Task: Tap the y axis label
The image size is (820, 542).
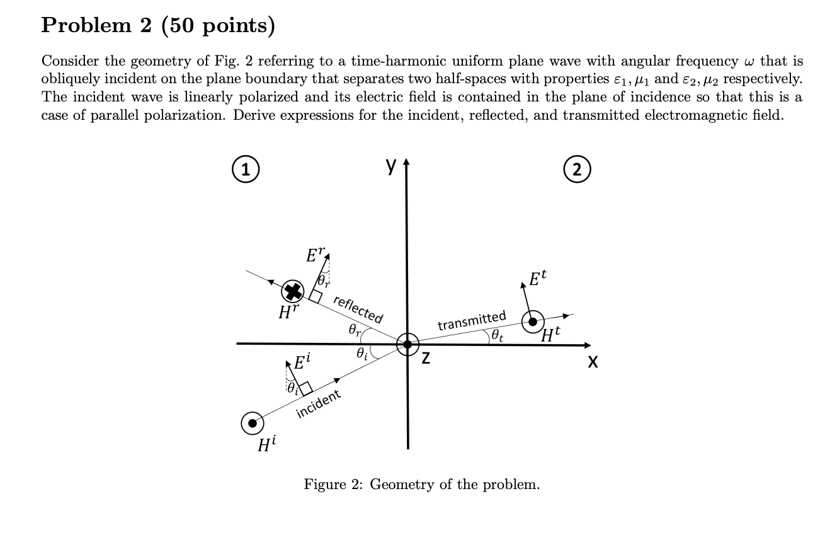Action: [x=392, y=166]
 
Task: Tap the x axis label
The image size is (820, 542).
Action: [x=593, y=362]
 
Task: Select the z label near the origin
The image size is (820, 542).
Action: [x=426, y=359]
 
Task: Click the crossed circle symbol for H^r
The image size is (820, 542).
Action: [x=292, y=291]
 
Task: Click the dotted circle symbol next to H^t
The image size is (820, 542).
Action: [x=533, y=322]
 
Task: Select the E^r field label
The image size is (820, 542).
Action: [x=313, y=255]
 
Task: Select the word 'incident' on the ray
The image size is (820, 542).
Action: [x=318, y=403]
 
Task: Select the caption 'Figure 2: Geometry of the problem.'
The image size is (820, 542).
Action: [x=421, y=485]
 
